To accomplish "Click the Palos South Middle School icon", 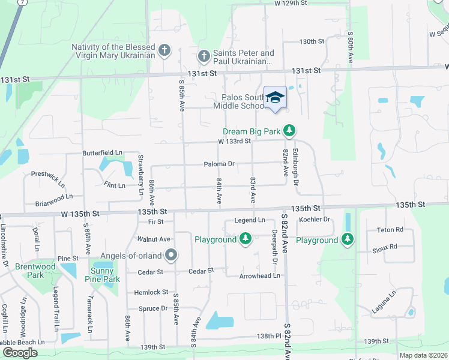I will coord(275,98).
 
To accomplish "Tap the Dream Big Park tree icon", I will coord(289,130).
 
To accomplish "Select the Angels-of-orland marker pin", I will coord(171,256).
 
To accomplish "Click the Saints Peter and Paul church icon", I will coord(203,56).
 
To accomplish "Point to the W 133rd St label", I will coord(234,142).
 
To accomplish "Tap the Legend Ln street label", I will coord(250,220).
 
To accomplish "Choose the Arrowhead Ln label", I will coord(260,275).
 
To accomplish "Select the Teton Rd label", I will coord(390,229).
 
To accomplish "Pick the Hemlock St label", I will coord(152,292).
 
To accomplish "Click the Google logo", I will coord(20,352).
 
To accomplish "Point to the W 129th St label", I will coord(291,3).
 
